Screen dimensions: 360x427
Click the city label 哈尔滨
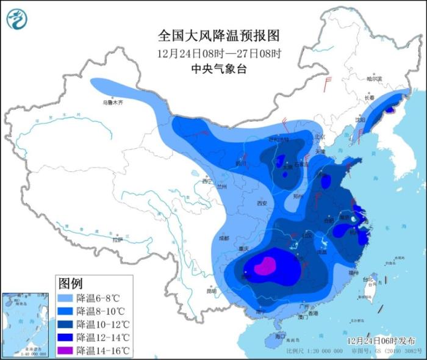coord(373,79)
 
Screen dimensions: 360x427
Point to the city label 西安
coord(262,203)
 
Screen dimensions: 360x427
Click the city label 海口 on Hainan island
coord(280,336)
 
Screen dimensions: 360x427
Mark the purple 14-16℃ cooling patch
coord(265,267)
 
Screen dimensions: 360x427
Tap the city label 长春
coord(369,98)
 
